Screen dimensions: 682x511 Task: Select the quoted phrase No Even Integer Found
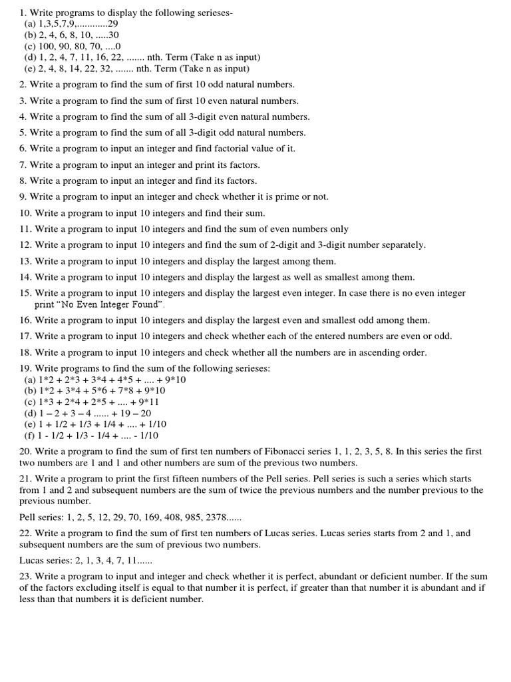point(108,304)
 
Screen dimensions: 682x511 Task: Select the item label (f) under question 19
point(30,436)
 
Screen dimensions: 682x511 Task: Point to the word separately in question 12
point(403,244)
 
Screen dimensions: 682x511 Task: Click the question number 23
point(25,576)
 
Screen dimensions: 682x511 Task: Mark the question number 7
point(23,165)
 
